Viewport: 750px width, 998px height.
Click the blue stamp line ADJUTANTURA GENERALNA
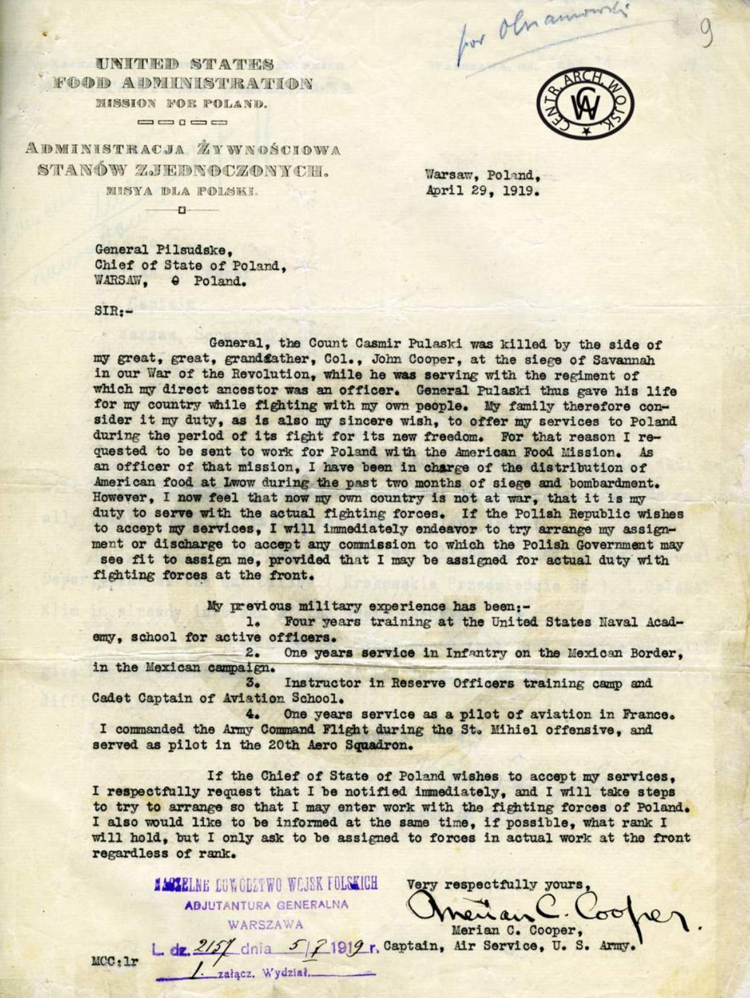(266, 906)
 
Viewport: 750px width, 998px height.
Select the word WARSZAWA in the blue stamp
(266, 925)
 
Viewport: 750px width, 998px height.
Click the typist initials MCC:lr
(115, 961)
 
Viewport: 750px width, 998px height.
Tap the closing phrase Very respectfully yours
(497, 884)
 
